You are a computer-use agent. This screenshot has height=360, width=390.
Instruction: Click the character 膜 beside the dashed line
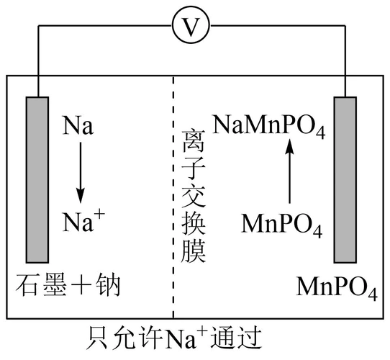pyautogui.click(x=194, y=251)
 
